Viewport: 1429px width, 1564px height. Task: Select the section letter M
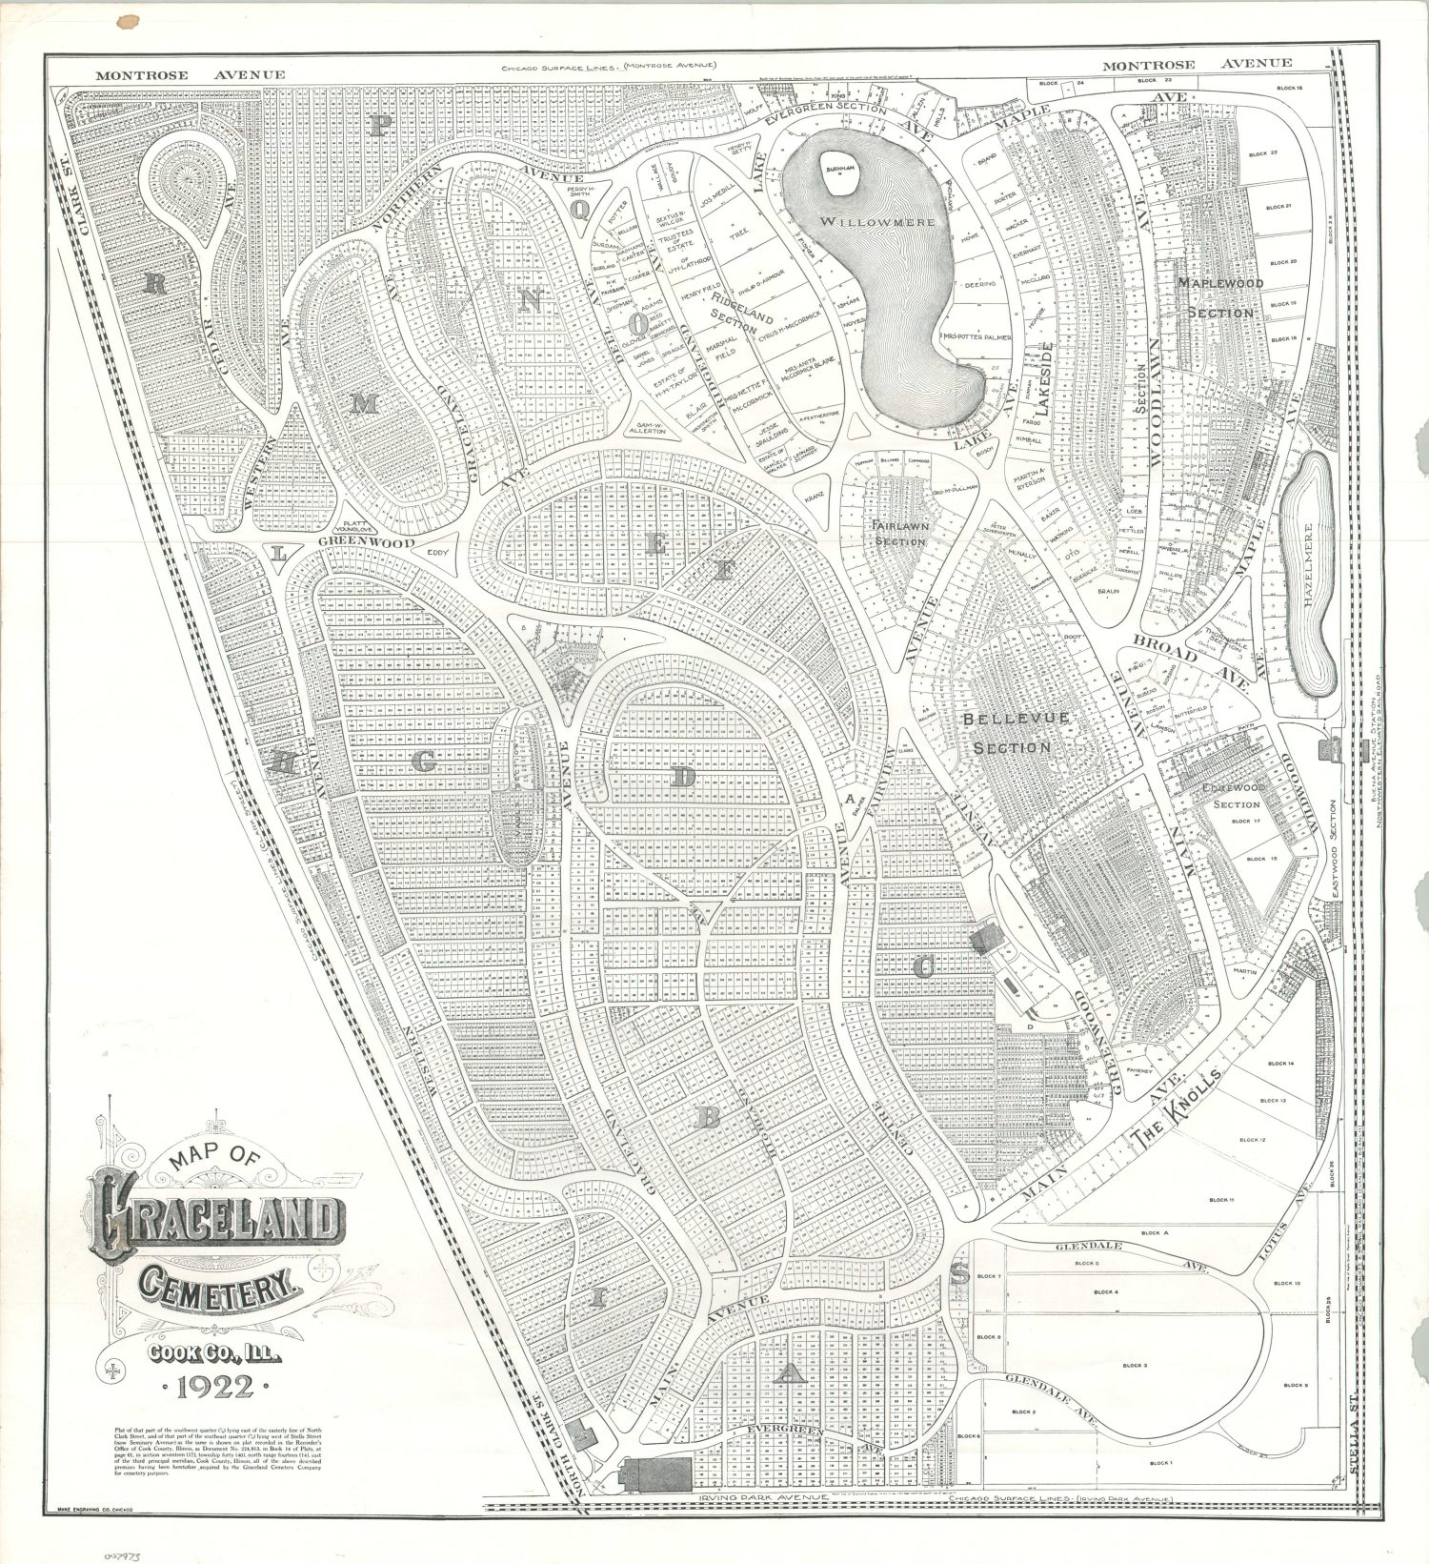[363, 405]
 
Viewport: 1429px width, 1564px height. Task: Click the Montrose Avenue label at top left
[191, 75]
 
